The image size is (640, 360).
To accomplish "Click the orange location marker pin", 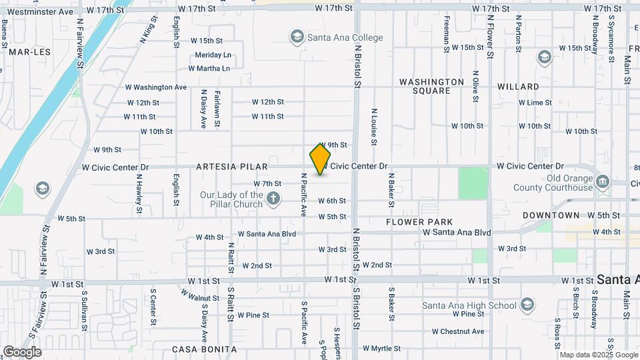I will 320,159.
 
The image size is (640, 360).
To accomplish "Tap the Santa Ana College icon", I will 297,37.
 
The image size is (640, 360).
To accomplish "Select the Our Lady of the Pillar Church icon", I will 273,198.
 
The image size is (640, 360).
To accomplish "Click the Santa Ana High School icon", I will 527,305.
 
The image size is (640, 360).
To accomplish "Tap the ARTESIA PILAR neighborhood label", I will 232,167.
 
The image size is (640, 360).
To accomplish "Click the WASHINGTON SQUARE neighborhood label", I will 431,86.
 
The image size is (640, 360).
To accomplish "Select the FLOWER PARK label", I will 419,221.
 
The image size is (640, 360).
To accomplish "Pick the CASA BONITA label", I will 204,349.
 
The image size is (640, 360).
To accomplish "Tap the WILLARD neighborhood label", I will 518,87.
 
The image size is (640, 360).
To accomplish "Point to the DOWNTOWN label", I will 551,215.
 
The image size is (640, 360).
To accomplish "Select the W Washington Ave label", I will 156,87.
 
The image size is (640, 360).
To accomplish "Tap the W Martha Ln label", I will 209,68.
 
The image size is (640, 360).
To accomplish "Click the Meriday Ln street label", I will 213,55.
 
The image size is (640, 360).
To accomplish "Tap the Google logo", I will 22,351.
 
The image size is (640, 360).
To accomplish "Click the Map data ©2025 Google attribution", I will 598,355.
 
